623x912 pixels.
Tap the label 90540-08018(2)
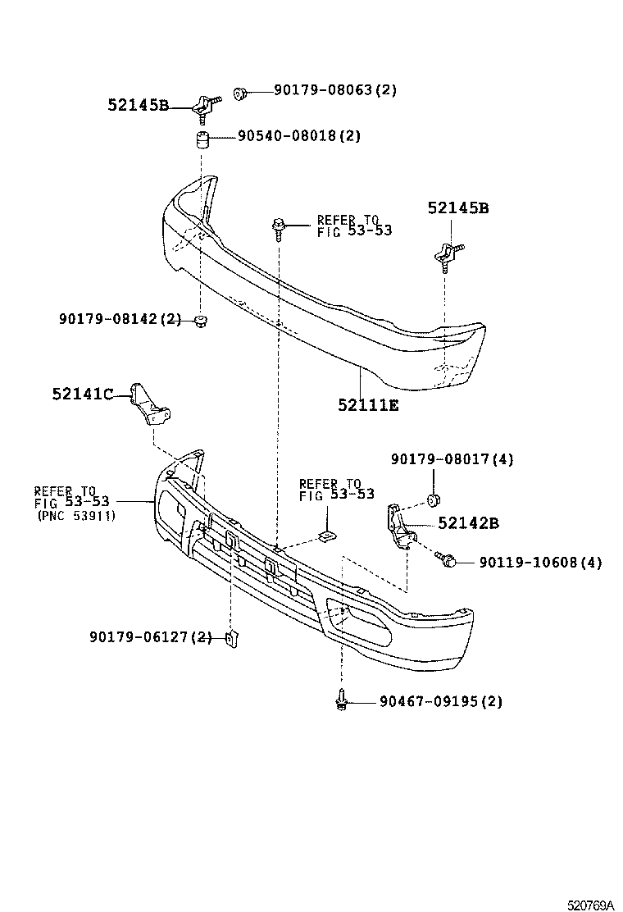[299, 136]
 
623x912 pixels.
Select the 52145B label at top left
[138, 105]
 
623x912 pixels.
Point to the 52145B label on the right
[457, 209]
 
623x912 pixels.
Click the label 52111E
[368, 404]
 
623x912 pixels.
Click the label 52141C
[83, 394]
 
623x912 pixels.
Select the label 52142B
[468, 523]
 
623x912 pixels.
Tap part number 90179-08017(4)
[452, 460]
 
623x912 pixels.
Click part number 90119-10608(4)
[539, 563]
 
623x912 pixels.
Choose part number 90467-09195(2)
[440, 701]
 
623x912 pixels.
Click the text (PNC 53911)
[76, 516]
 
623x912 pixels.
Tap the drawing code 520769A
[591, 905]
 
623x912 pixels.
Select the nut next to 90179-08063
[240, 93]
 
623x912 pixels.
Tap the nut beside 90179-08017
[434, 499]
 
